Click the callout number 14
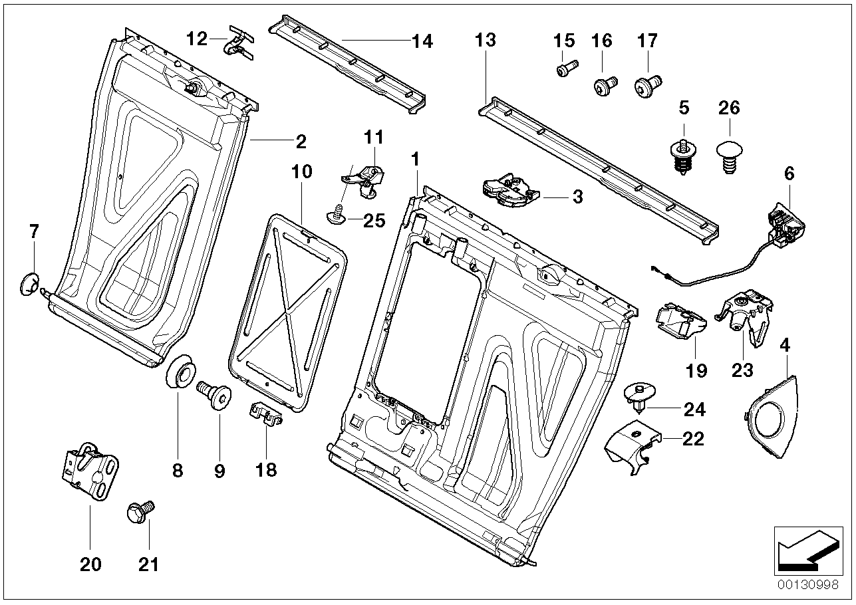422,41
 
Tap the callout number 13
486,40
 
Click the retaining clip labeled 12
239,43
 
